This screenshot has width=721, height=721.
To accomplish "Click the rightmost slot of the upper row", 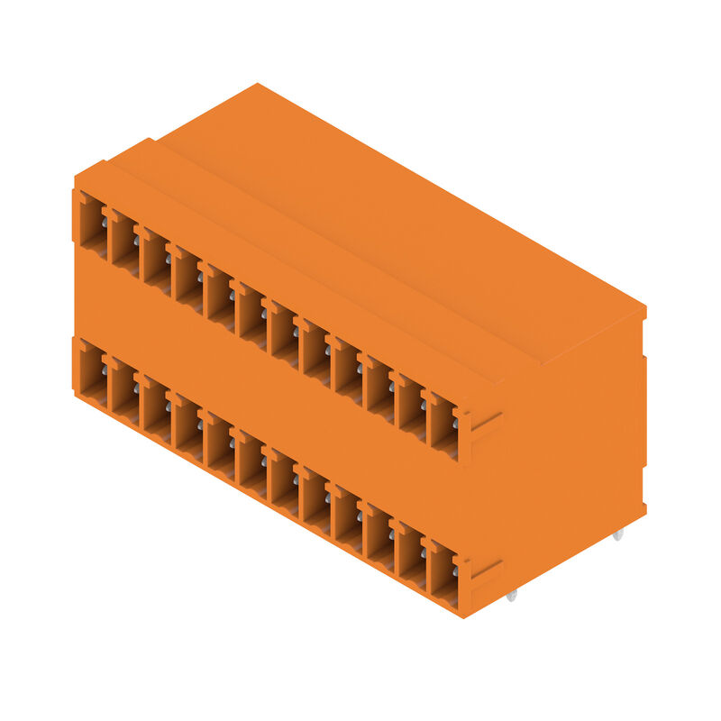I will pos(442,424).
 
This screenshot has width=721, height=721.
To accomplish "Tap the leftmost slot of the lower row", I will pos(92,370).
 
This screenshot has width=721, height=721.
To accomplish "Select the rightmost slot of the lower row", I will pos(442,573).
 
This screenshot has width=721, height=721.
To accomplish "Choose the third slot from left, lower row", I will pos(156,407).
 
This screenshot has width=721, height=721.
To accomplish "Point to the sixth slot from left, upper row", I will pos(251,315).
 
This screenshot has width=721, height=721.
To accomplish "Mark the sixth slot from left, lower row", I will pos(251,462).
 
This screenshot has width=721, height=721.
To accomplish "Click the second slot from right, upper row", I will pos(410,406).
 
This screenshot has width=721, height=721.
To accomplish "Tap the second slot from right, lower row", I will pos(410,554).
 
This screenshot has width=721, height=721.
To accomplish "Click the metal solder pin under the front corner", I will pos(511,595).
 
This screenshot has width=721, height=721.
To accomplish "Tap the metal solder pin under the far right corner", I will pos(617,535).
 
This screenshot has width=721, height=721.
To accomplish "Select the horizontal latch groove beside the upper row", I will pos(486,419).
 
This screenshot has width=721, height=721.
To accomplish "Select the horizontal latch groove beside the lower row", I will pos(486,568).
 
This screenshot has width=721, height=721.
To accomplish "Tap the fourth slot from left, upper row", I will pos(187,278).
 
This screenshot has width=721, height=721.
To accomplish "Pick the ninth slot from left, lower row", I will pos(346,517).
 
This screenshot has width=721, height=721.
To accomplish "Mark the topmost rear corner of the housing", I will pos(258,85).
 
